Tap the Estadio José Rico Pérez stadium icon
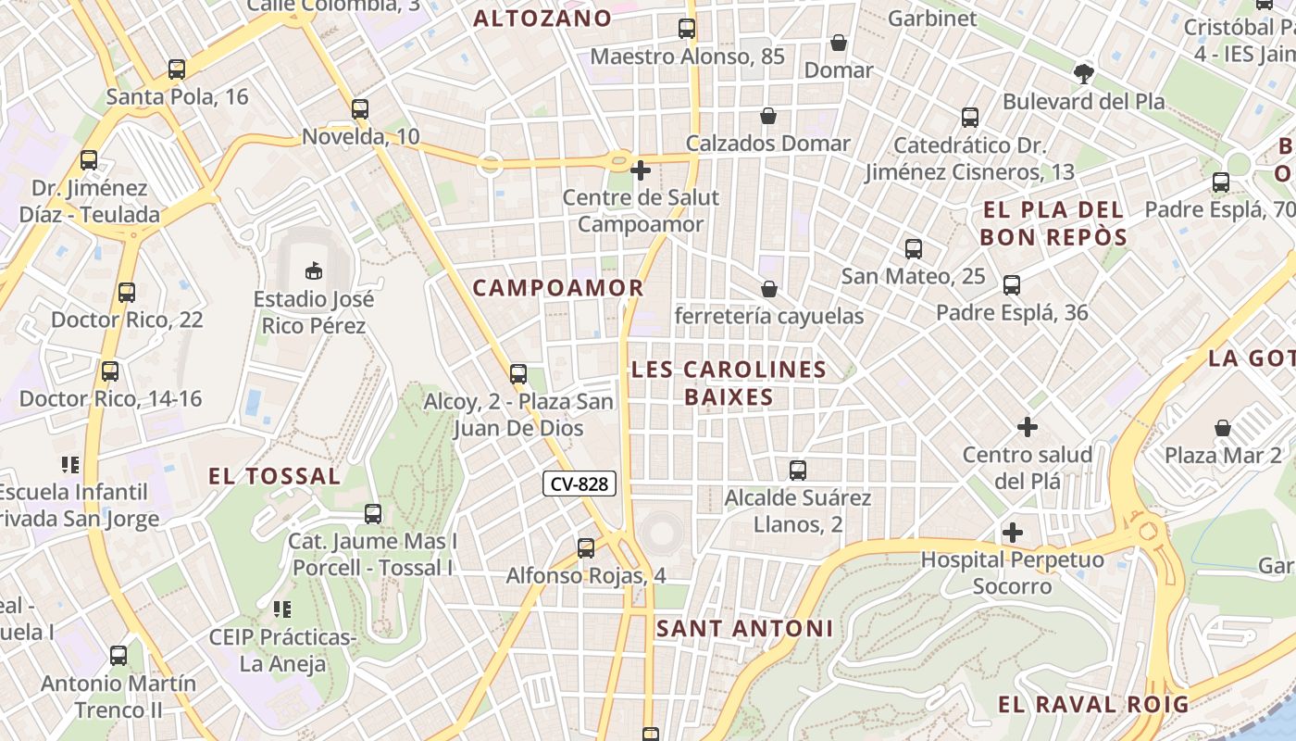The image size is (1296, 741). tap(314, 270)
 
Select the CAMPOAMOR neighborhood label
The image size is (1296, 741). tap(558, 287)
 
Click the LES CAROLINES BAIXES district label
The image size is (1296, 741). tap(729, 383)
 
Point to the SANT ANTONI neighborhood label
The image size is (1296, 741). tap(744, 628)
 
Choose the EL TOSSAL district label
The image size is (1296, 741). tap(274, 476)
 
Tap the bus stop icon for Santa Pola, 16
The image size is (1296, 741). tap(177, 69)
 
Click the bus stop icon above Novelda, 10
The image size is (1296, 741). tap(360, 109)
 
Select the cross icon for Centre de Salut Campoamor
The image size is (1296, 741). tap(640, 170)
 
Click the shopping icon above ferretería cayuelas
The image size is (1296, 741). tap(768, 289)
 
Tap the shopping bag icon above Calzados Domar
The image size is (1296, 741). tap(768, 116)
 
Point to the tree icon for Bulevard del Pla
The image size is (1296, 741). tap(1083, 73)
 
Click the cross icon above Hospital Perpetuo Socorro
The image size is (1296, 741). tap(1013, 533)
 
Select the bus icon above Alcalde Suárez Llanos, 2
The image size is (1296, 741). tap(798, 471)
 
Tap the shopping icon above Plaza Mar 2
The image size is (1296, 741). tap(1223, 428)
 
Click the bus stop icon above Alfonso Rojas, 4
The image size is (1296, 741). tap(586, 548)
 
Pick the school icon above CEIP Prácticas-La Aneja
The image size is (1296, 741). tap(282, 609)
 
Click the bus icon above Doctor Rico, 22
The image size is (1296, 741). tap(127, 293)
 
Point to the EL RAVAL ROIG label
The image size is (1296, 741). tap(1092, 704)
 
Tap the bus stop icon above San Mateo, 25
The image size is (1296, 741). tap(914, 248)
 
